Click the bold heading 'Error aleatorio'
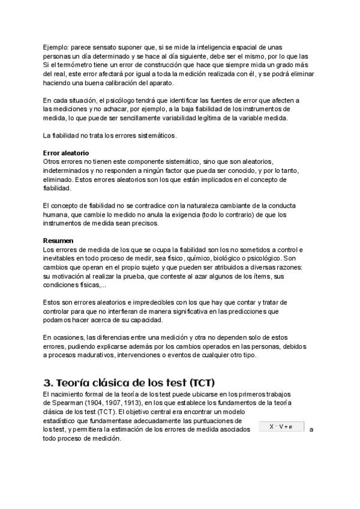point(66,153)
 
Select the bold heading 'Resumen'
point(58,241)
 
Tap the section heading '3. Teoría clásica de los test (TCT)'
point(129,382)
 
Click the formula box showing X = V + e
point(281,427)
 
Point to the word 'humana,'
point(56,214)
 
